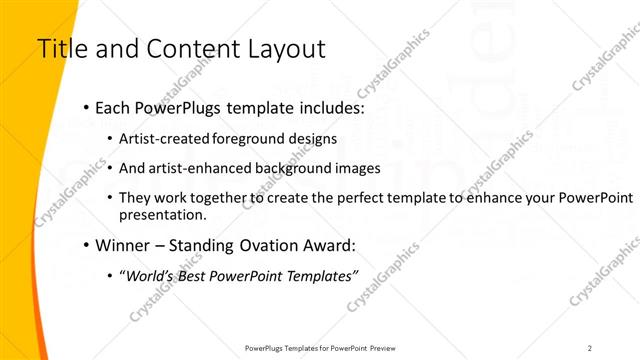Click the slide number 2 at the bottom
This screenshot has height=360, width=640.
pos(590,347)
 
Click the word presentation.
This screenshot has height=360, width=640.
pos(162,214)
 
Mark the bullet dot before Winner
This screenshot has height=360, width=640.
pos(88,245)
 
